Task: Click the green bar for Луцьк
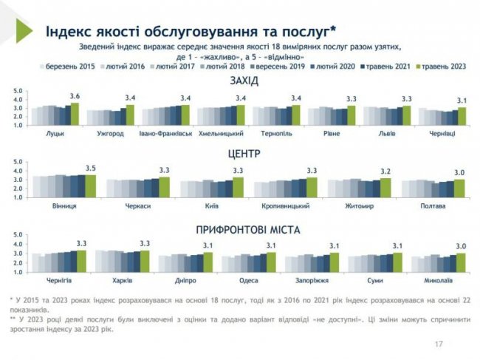pyautogui.click(x=75, y=115)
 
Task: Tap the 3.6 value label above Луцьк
pyautogui.click(x=74, y=97)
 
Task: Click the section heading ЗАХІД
pyautogui.click(x=244, y=80)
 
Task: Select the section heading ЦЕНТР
pyautogui.click(x=244, y=156)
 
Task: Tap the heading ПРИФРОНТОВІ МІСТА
pyautogui.click(x=244, y=230)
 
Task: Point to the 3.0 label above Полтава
pyautogui.click(x=459, y=171)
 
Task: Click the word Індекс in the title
pyautogui.click(x=70, y=31)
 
